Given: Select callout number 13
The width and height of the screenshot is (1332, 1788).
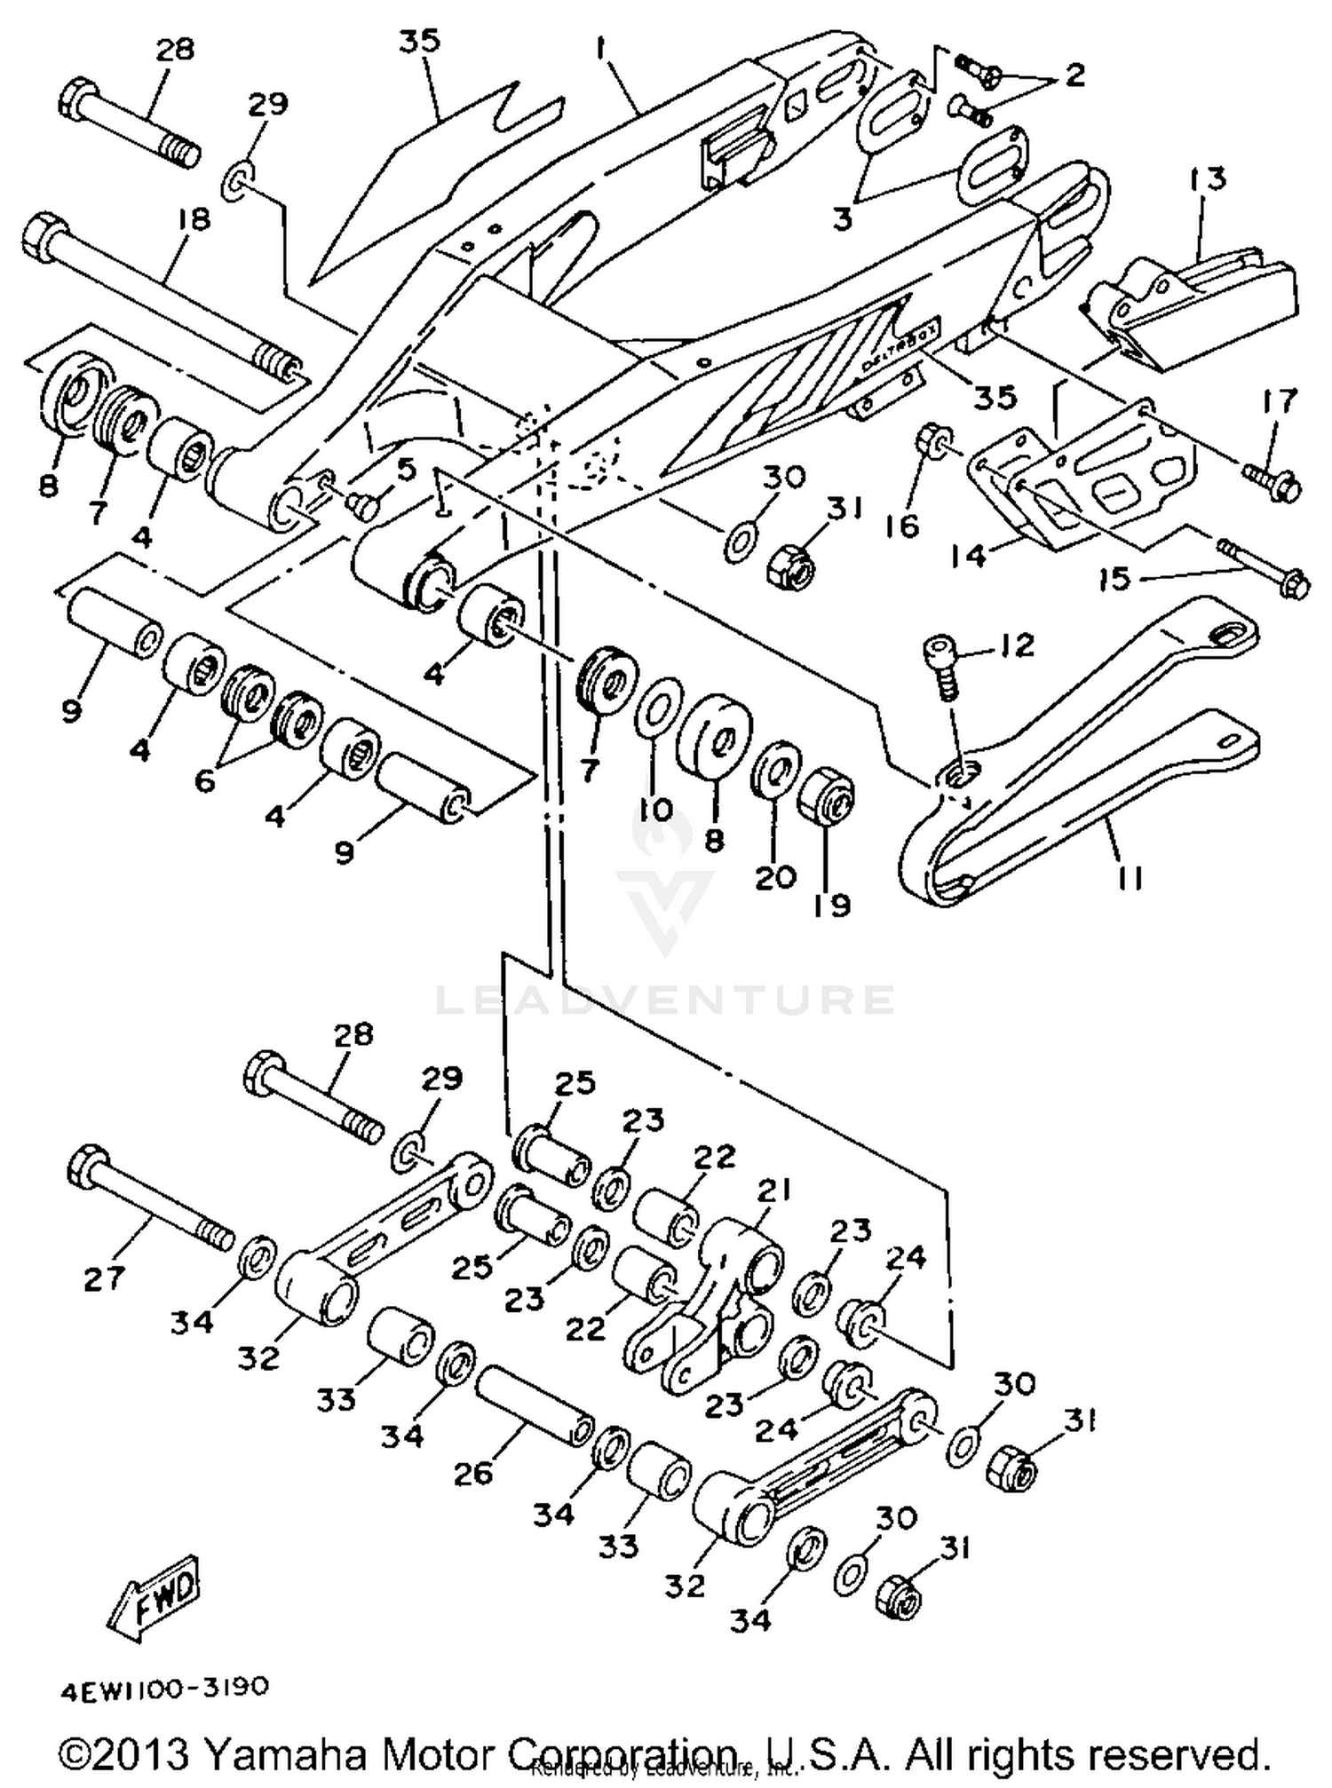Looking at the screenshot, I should click(1204, 179).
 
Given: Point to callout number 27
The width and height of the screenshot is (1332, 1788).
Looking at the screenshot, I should click(105, 1278).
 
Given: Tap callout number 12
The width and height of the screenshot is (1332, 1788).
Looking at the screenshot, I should click(1018, 645).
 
